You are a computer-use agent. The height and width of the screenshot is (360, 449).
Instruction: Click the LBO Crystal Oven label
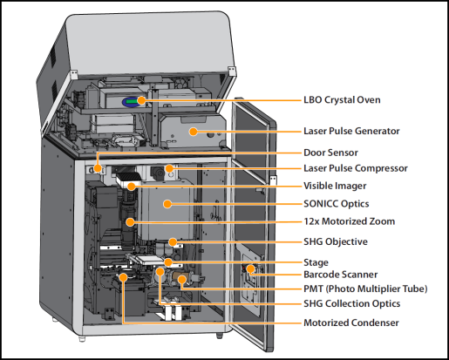342,100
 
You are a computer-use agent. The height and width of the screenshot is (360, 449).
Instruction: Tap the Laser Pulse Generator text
351,131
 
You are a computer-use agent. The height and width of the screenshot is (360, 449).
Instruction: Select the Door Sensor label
330,153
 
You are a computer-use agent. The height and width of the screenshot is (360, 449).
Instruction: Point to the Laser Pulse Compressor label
356,168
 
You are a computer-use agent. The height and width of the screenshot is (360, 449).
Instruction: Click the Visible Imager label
335,186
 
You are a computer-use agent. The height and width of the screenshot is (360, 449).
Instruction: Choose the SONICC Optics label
337,204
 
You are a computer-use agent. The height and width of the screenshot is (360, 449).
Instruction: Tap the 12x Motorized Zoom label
350,221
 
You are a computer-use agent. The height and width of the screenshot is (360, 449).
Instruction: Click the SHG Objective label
336,241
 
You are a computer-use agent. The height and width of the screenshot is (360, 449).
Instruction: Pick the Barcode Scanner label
341,275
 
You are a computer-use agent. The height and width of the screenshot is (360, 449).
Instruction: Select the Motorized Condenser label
351,323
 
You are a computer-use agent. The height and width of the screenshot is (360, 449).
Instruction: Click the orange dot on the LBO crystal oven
141,100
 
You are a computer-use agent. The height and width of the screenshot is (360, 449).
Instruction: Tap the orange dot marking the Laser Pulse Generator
194,132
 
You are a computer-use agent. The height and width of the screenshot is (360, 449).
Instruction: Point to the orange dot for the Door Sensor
98,168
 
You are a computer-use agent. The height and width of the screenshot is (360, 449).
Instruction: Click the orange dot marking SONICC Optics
167,204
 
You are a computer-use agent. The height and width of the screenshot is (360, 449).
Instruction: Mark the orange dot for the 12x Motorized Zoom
130,222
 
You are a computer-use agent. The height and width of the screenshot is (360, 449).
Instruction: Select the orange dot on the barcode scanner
250,268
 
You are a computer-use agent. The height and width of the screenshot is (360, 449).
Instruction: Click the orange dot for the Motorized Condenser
123,277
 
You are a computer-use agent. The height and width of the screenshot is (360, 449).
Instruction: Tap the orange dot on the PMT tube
182,280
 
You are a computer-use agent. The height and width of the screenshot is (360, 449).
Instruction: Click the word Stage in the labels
316,262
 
